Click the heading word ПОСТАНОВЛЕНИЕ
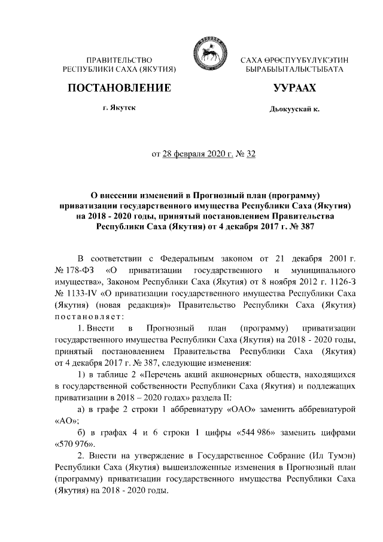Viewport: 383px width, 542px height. point(120,89)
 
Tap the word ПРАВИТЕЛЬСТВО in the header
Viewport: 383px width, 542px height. point(119,60)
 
